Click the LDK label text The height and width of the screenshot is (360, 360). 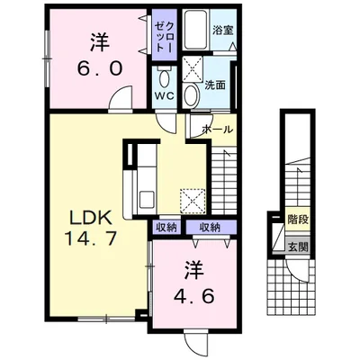91,218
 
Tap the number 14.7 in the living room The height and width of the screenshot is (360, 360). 91,239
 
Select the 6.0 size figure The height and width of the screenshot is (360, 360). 100,68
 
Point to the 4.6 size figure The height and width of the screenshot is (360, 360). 194,297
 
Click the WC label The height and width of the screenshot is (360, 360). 165,96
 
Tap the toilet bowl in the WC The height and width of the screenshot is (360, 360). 165,78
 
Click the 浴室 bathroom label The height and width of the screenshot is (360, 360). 223,30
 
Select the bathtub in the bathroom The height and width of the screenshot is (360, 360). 196,30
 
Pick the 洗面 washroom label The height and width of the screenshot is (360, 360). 215,85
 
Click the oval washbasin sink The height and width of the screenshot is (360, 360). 192,95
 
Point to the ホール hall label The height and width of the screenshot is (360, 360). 218,130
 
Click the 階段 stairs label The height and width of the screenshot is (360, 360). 298,220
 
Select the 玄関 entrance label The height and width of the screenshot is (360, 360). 298,247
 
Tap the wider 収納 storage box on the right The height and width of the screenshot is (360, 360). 211,227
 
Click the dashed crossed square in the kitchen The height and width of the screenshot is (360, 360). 193,201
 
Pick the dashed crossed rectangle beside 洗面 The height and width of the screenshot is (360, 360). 193,68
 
